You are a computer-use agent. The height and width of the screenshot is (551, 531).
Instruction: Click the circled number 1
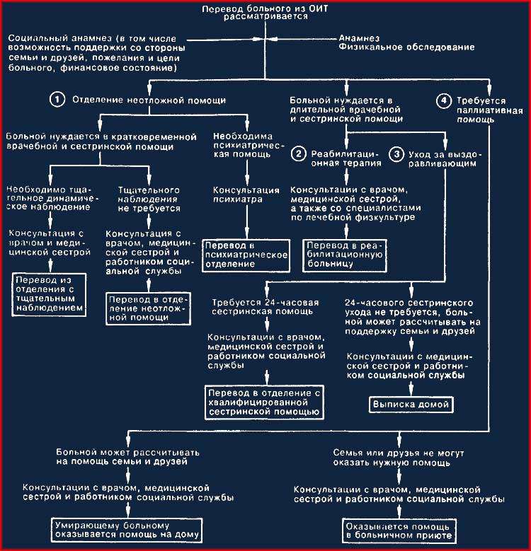[x=57, y=100]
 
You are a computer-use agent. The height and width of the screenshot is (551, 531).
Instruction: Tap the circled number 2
[x=299, y=154]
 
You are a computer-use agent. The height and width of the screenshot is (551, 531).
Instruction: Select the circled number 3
[x=396, y=154]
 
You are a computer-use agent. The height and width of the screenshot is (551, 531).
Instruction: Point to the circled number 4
[x=444, y=100]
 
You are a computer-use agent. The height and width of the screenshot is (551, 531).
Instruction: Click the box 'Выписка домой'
[x=411, y=405]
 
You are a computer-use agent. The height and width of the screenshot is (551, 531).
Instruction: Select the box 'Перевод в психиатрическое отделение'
[x=246, y=255]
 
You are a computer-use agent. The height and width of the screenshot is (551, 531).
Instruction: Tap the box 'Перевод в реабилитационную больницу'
[x=345, y=255]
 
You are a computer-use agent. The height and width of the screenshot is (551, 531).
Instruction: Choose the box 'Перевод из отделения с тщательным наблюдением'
[x=50, y=294]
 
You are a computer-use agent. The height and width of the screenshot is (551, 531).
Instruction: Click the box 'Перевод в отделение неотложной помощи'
[x=149, y=308]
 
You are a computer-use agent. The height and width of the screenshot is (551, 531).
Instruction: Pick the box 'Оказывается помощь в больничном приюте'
[x=399, y=531]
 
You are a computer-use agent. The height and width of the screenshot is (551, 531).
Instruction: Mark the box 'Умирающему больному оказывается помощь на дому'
[x=127, y=530]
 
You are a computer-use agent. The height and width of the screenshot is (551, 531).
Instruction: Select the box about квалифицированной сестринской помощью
[x=265, y=402]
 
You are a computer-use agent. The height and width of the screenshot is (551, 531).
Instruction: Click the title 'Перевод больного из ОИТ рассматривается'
[x=265, y=12]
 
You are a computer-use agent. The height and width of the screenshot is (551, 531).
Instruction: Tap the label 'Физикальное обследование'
[x=407, y=47]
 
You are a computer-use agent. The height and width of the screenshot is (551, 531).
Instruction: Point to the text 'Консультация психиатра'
[x=246, y=195]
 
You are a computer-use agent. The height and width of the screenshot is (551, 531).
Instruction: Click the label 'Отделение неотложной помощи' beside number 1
[x=149, y=100]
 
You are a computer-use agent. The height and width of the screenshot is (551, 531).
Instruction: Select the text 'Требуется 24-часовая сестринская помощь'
[x=265, y=307]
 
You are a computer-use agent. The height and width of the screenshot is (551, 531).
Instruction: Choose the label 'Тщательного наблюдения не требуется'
[x=149, y=199]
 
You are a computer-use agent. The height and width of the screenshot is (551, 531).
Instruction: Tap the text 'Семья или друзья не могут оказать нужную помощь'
[x=399, y=458]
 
